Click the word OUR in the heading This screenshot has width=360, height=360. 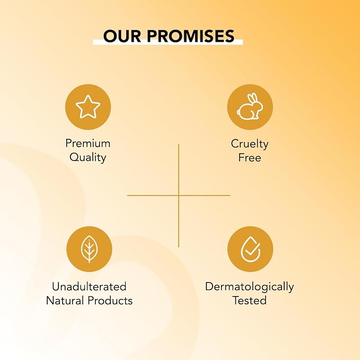122,36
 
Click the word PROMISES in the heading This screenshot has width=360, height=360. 190,36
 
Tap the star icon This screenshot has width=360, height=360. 88,107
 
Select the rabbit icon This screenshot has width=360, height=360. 250,107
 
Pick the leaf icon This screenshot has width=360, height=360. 89,249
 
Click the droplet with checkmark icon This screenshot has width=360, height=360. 250,249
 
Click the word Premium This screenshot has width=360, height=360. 88,144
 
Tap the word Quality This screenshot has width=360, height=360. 88,157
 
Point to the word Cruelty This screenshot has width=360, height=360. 250,144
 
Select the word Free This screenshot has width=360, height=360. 250,157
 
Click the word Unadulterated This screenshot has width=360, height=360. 89,286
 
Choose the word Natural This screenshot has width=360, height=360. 65,301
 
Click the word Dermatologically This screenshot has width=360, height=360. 250,287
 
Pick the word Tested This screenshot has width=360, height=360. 250,301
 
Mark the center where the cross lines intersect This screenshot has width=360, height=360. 179,196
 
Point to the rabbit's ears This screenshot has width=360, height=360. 253,98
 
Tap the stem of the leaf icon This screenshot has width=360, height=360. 89,251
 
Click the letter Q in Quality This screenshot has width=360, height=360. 74,157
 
